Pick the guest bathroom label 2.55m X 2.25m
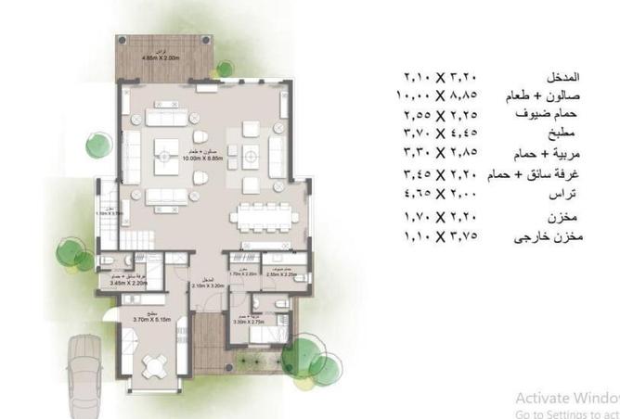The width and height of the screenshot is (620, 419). pyautogui.click(x=278, y=274)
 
